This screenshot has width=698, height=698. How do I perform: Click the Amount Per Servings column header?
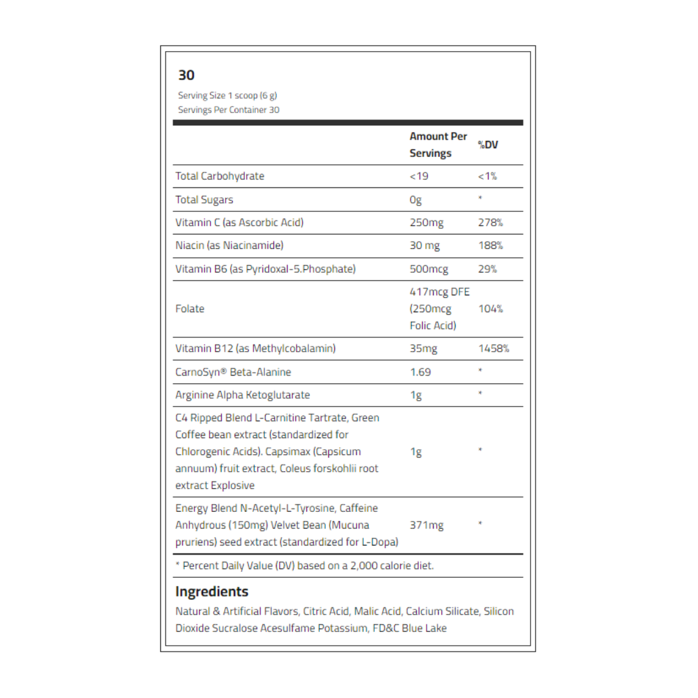click(438, 145)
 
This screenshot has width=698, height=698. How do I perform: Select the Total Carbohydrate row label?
click(220, 176)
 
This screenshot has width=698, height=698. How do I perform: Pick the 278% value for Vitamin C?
click(491, 223)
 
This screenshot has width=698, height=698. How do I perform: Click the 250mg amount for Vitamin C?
click(427, 223)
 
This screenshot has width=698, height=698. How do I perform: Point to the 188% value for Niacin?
click(491, 246)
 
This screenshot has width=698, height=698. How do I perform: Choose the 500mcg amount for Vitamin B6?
click(429, 269)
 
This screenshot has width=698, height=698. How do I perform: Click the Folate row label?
click(190, 309)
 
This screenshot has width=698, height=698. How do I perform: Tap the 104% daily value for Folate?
click(491, 309)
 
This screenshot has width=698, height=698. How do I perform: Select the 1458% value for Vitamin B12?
click(494, 349)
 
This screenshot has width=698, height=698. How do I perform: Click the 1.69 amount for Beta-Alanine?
click(420, 372)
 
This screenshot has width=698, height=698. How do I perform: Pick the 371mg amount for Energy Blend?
click(427, 525)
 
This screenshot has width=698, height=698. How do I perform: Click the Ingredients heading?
click(212, 591)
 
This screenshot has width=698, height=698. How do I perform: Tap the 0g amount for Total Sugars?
click(416, 200)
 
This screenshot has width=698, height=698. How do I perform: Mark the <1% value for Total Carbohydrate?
click(487, 176)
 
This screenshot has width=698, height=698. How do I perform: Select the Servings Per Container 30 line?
click(229, 110)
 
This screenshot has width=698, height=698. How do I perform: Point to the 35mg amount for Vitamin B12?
click(423, 349)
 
